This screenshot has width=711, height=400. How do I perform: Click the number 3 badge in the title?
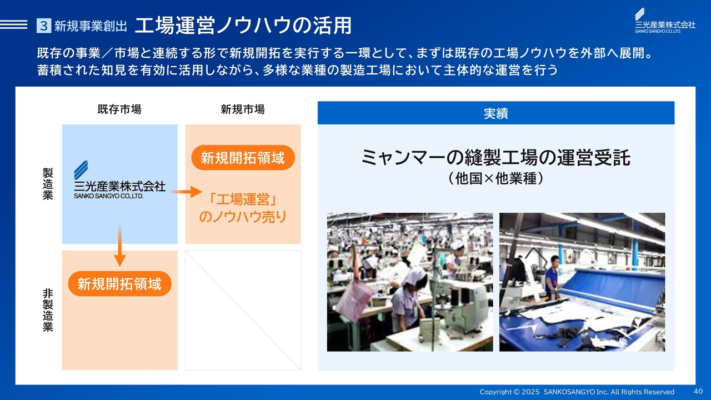click(x=44, y=26)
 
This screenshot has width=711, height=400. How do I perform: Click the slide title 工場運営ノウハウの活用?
click(x=243, y=26)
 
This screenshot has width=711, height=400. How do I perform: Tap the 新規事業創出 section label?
click(x=91, y=26)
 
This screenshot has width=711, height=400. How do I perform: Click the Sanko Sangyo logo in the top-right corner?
click(x=665, y=21)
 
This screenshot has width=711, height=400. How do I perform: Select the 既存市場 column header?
click(x=119, y=109)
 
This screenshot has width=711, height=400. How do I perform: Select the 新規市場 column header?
click(x=243, y=109)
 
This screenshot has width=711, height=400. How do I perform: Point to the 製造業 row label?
click(x=48, y=184)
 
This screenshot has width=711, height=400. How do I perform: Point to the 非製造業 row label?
click(x=48, y=310)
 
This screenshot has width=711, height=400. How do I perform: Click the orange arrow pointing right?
click(x=186, y=192)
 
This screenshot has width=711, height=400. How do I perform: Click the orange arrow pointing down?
click(x=119, y=246)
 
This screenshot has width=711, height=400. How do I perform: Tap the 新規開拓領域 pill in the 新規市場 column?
click(x=243, y=158)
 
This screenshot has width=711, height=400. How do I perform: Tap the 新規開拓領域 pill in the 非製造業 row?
click(x=119, y=284)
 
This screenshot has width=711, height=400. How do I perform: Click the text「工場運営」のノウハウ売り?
click(x=243, y=208)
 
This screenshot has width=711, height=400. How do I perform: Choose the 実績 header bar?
click(x=496, y=113)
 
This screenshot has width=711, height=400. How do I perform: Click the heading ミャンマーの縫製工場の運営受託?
click(x=496, y=157)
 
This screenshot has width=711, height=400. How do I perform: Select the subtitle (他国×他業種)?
click(x=496, y=178)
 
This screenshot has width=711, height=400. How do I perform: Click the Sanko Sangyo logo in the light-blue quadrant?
click(x=119, y=180)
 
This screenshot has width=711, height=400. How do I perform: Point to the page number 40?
click(x=698, y=391)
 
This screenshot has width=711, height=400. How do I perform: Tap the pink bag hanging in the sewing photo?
click(x=355, y=301)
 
